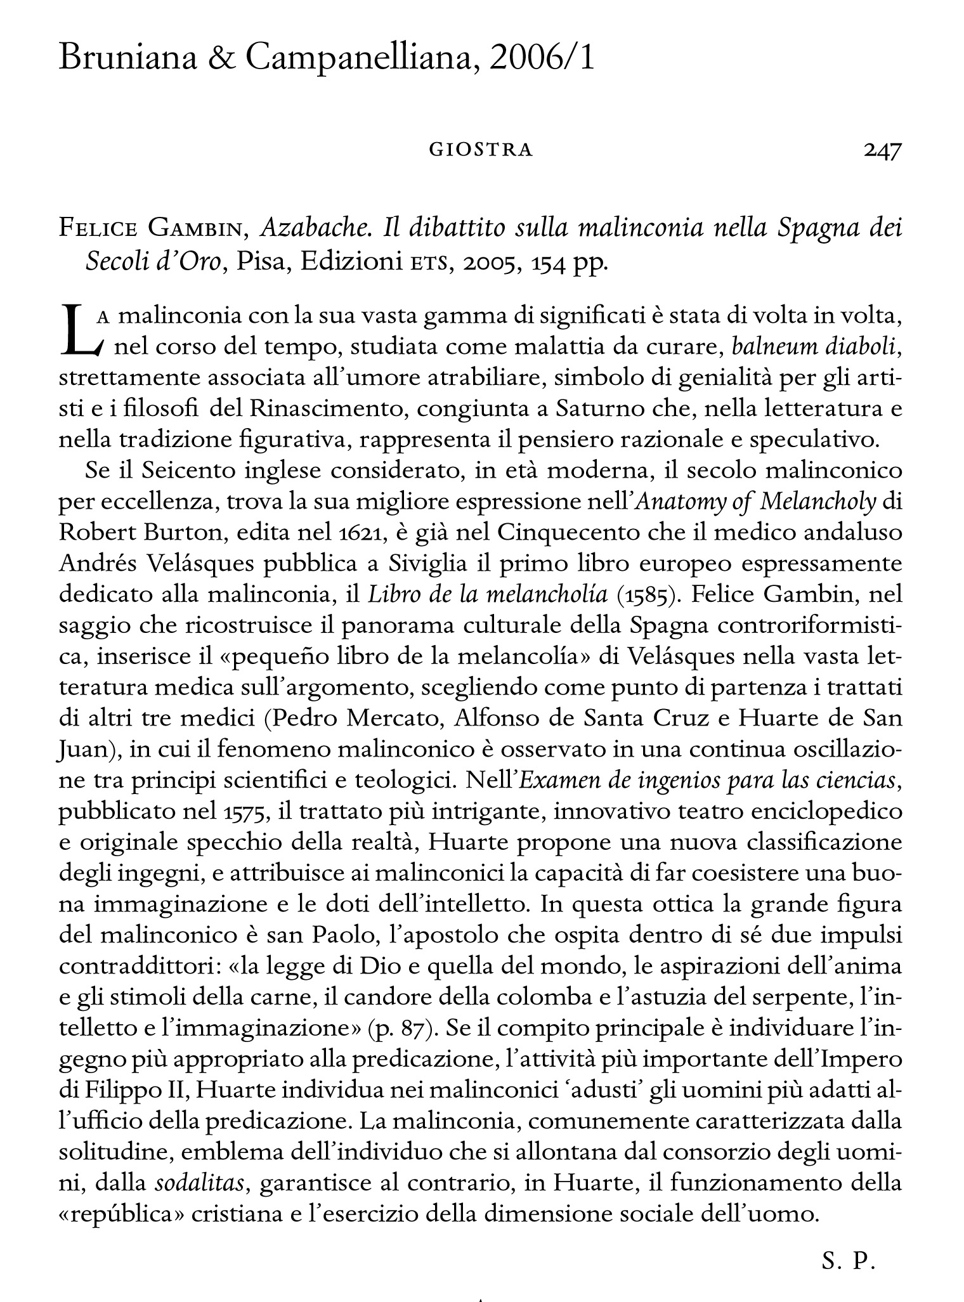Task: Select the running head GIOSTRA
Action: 481,150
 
